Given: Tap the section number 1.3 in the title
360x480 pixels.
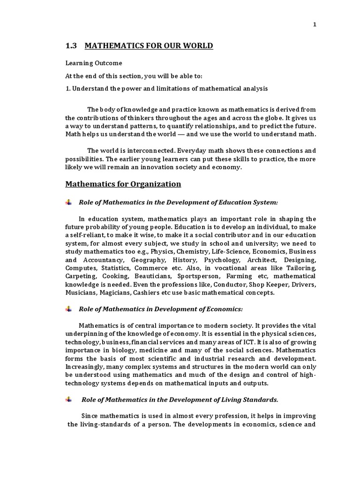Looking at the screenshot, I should tap(71, 45).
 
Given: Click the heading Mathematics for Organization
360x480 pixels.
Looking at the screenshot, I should tap(123, 184).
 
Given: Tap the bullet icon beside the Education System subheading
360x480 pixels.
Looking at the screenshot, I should tap(69, 202).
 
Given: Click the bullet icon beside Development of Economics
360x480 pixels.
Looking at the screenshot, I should tap(69, 309).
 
